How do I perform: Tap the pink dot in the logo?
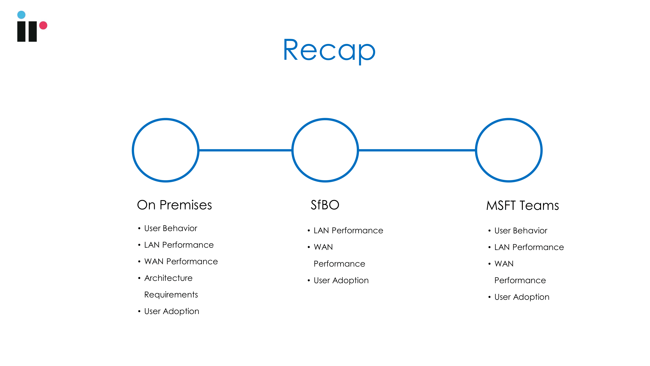tap(43, 25)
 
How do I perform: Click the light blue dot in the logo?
tap(21, 15)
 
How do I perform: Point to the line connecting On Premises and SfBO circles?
tap(245, 150)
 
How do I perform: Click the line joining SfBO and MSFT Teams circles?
tap(417, 150)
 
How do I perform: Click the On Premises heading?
tap(174, 205)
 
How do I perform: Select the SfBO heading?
tap(325, 205)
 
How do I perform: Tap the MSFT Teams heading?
tap(522, 205)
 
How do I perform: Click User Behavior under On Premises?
tap(171, 228)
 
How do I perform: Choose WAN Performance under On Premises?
tap(181, 261)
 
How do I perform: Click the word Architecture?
tap(168, 278)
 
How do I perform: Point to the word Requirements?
tap(171, 295)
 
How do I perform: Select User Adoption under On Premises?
tap(172, 311)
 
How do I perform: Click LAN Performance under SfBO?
tap(348, 231)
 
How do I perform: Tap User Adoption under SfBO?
tap(341, 280)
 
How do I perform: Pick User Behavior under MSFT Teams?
tap(521, 231)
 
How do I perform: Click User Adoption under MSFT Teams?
tap(522, 297)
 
